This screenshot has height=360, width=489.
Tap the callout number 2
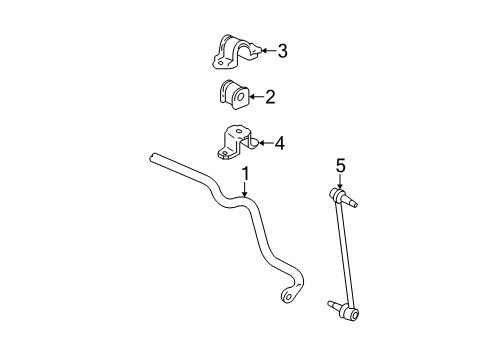pos(269,97)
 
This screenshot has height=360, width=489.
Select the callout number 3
pos(282,50)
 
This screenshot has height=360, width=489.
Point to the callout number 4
pos(279,144)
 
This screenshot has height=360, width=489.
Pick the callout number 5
pos(340,166)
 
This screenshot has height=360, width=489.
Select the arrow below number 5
pos(340,181)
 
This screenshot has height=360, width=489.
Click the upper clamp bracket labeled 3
pos(234,51)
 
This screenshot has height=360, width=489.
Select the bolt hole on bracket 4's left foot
pos(222,154)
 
